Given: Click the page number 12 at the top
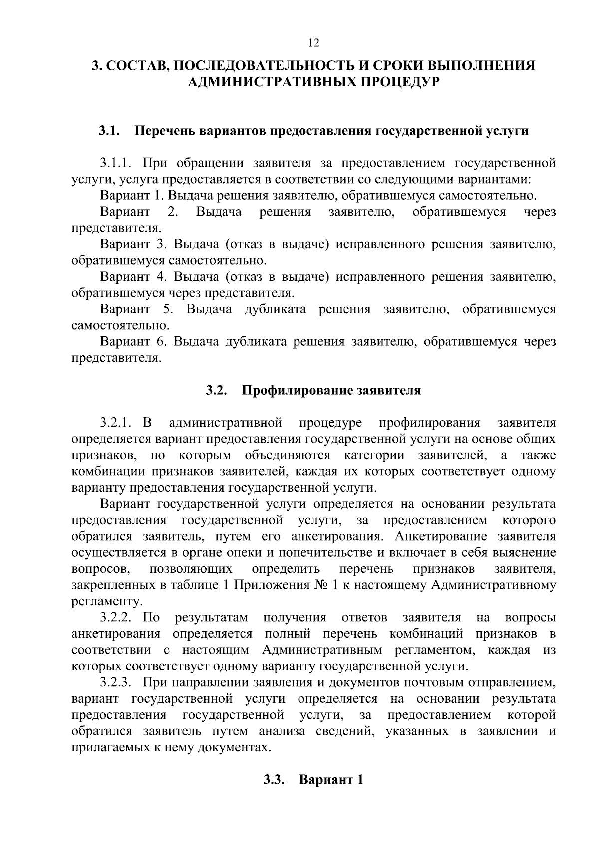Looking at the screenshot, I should click(x=313, y=43).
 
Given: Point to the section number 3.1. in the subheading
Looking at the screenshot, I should click(x=109, y=131).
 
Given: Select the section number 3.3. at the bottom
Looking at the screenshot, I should click(x=274, y=780).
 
